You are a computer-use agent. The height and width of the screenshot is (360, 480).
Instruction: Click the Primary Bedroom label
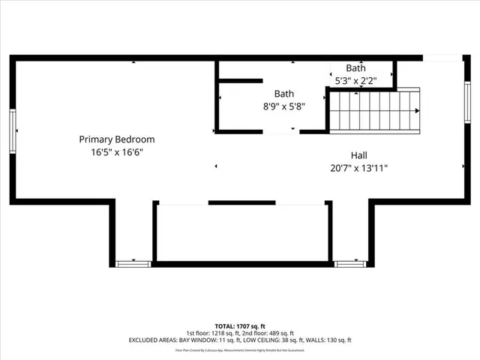117,139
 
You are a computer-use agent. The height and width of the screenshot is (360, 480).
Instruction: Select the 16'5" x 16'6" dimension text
117,152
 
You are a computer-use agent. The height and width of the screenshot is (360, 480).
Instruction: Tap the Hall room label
358,155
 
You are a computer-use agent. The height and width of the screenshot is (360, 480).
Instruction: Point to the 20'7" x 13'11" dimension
358,168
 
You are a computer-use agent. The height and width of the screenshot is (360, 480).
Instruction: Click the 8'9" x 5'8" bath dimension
283,106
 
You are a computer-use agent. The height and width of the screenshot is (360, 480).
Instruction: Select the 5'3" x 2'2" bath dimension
355,80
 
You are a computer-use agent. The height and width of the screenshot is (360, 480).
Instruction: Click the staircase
375,111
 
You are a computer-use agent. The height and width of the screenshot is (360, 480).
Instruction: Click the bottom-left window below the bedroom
133,263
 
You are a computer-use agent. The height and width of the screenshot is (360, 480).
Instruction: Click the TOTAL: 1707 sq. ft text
239,326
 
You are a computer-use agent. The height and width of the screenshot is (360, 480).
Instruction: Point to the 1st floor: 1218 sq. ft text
212,333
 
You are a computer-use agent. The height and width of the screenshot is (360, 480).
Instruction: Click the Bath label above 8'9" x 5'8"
283,94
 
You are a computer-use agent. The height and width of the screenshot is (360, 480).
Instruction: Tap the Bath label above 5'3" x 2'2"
355,68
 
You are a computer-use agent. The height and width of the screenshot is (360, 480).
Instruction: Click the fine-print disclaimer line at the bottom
239,350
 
